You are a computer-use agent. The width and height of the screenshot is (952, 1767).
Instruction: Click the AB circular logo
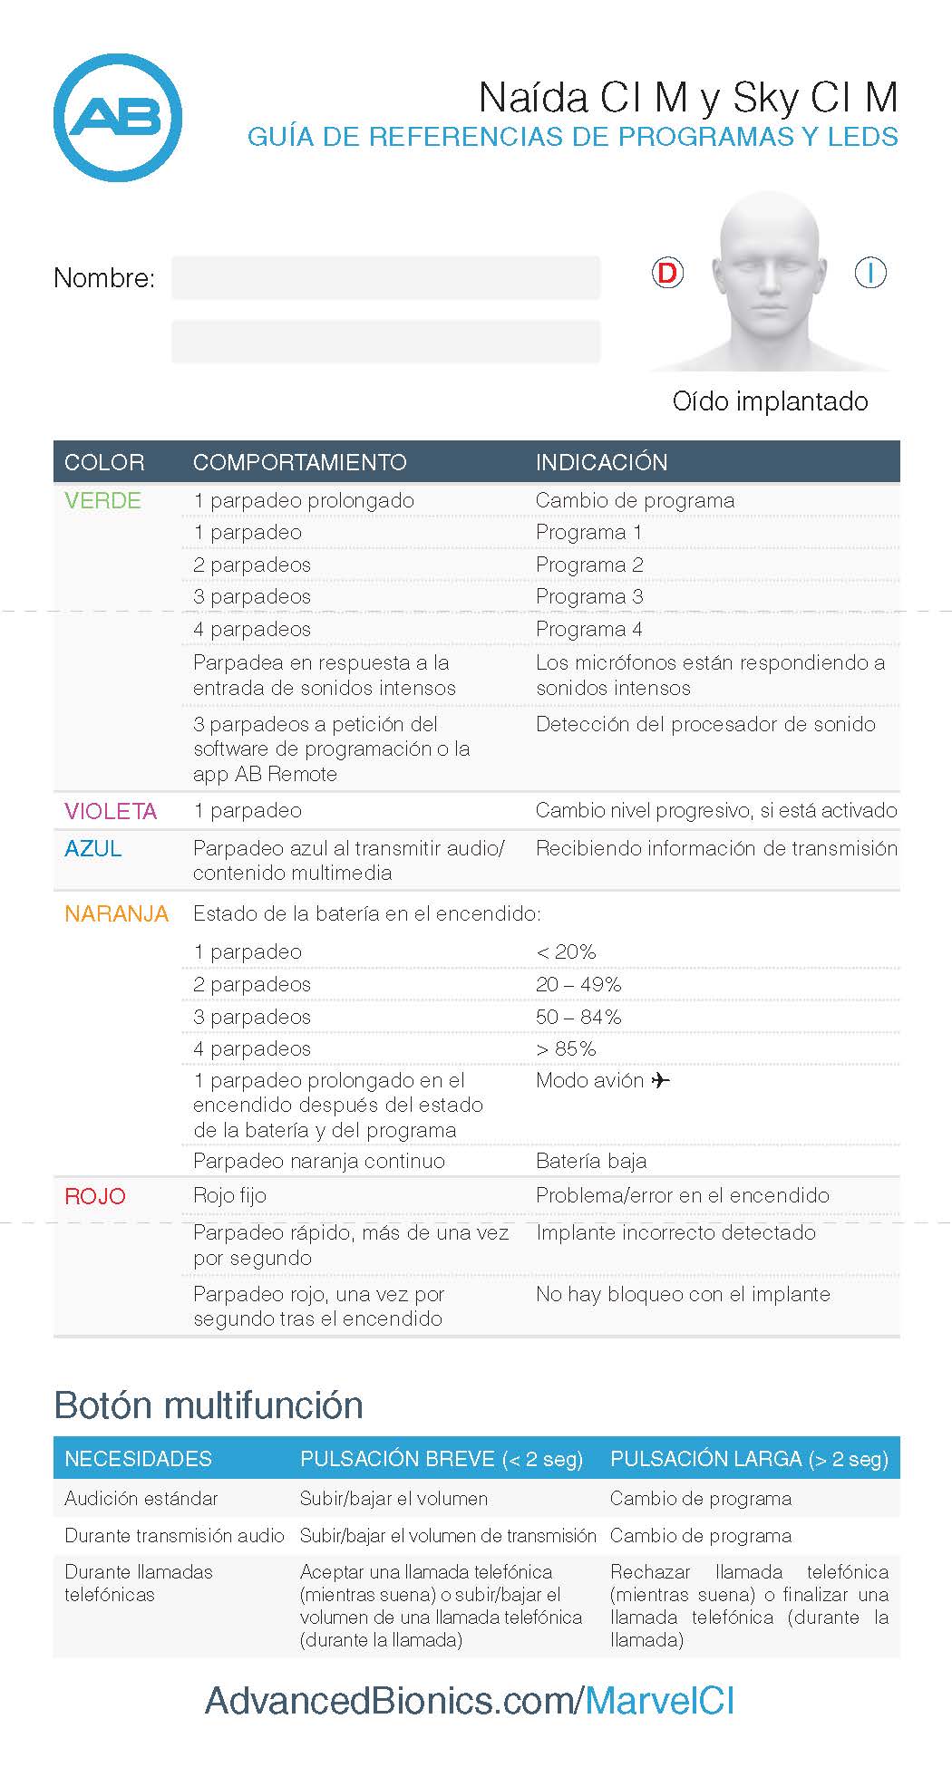click(118, 118)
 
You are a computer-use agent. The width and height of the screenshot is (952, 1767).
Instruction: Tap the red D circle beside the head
click(667, 273)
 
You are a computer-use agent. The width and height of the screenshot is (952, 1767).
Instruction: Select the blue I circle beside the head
click(870, 273)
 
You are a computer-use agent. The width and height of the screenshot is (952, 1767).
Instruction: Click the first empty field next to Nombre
click(385, 277)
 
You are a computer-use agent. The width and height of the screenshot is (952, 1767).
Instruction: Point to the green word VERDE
click(102, 500)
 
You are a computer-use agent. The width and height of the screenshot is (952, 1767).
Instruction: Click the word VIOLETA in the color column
click(110, 811)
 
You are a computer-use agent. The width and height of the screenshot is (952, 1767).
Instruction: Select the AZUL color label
click(92, 849)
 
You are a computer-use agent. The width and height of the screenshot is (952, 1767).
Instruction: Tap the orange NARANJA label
click(116, 913)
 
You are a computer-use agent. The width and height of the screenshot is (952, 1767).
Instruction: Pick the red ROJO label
click(94, 1196)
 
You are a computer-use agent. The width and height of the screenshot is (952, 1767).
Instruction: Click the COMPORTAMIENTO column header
click(299, 462)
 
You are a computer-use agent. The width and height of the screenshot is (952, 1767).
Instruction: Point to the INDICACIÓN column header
click(601, 462)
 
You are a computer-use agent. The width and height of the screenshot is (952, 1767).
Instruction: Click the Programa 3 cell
click(589, 596)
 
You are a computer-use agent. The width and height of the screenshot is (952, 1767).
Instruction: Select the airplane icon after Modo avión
click(660, 1080)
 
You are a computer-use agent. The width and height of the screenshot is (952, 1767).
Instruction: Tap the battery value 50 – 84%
click(578, 1017)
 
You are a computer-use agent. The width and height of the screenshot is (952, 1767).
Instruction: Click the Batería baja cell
click(591, 1161)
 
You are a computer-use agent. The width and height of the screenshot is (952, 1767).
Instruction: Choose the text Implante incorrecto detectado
click(675, 1232)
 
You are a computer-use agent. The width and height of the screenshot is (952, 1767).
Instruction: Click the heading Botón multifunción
click(209, 1405)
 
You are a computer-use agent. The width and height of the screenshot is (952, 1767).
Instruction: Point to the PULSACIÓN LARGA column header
click(749, 1459)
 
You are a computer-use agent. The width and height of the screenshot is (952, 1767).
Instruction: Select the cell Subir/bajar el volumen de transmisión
click(448, 1536)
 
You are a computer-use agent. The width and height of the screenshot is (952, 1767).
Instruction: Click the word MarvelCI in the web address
click(659, 1701)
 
